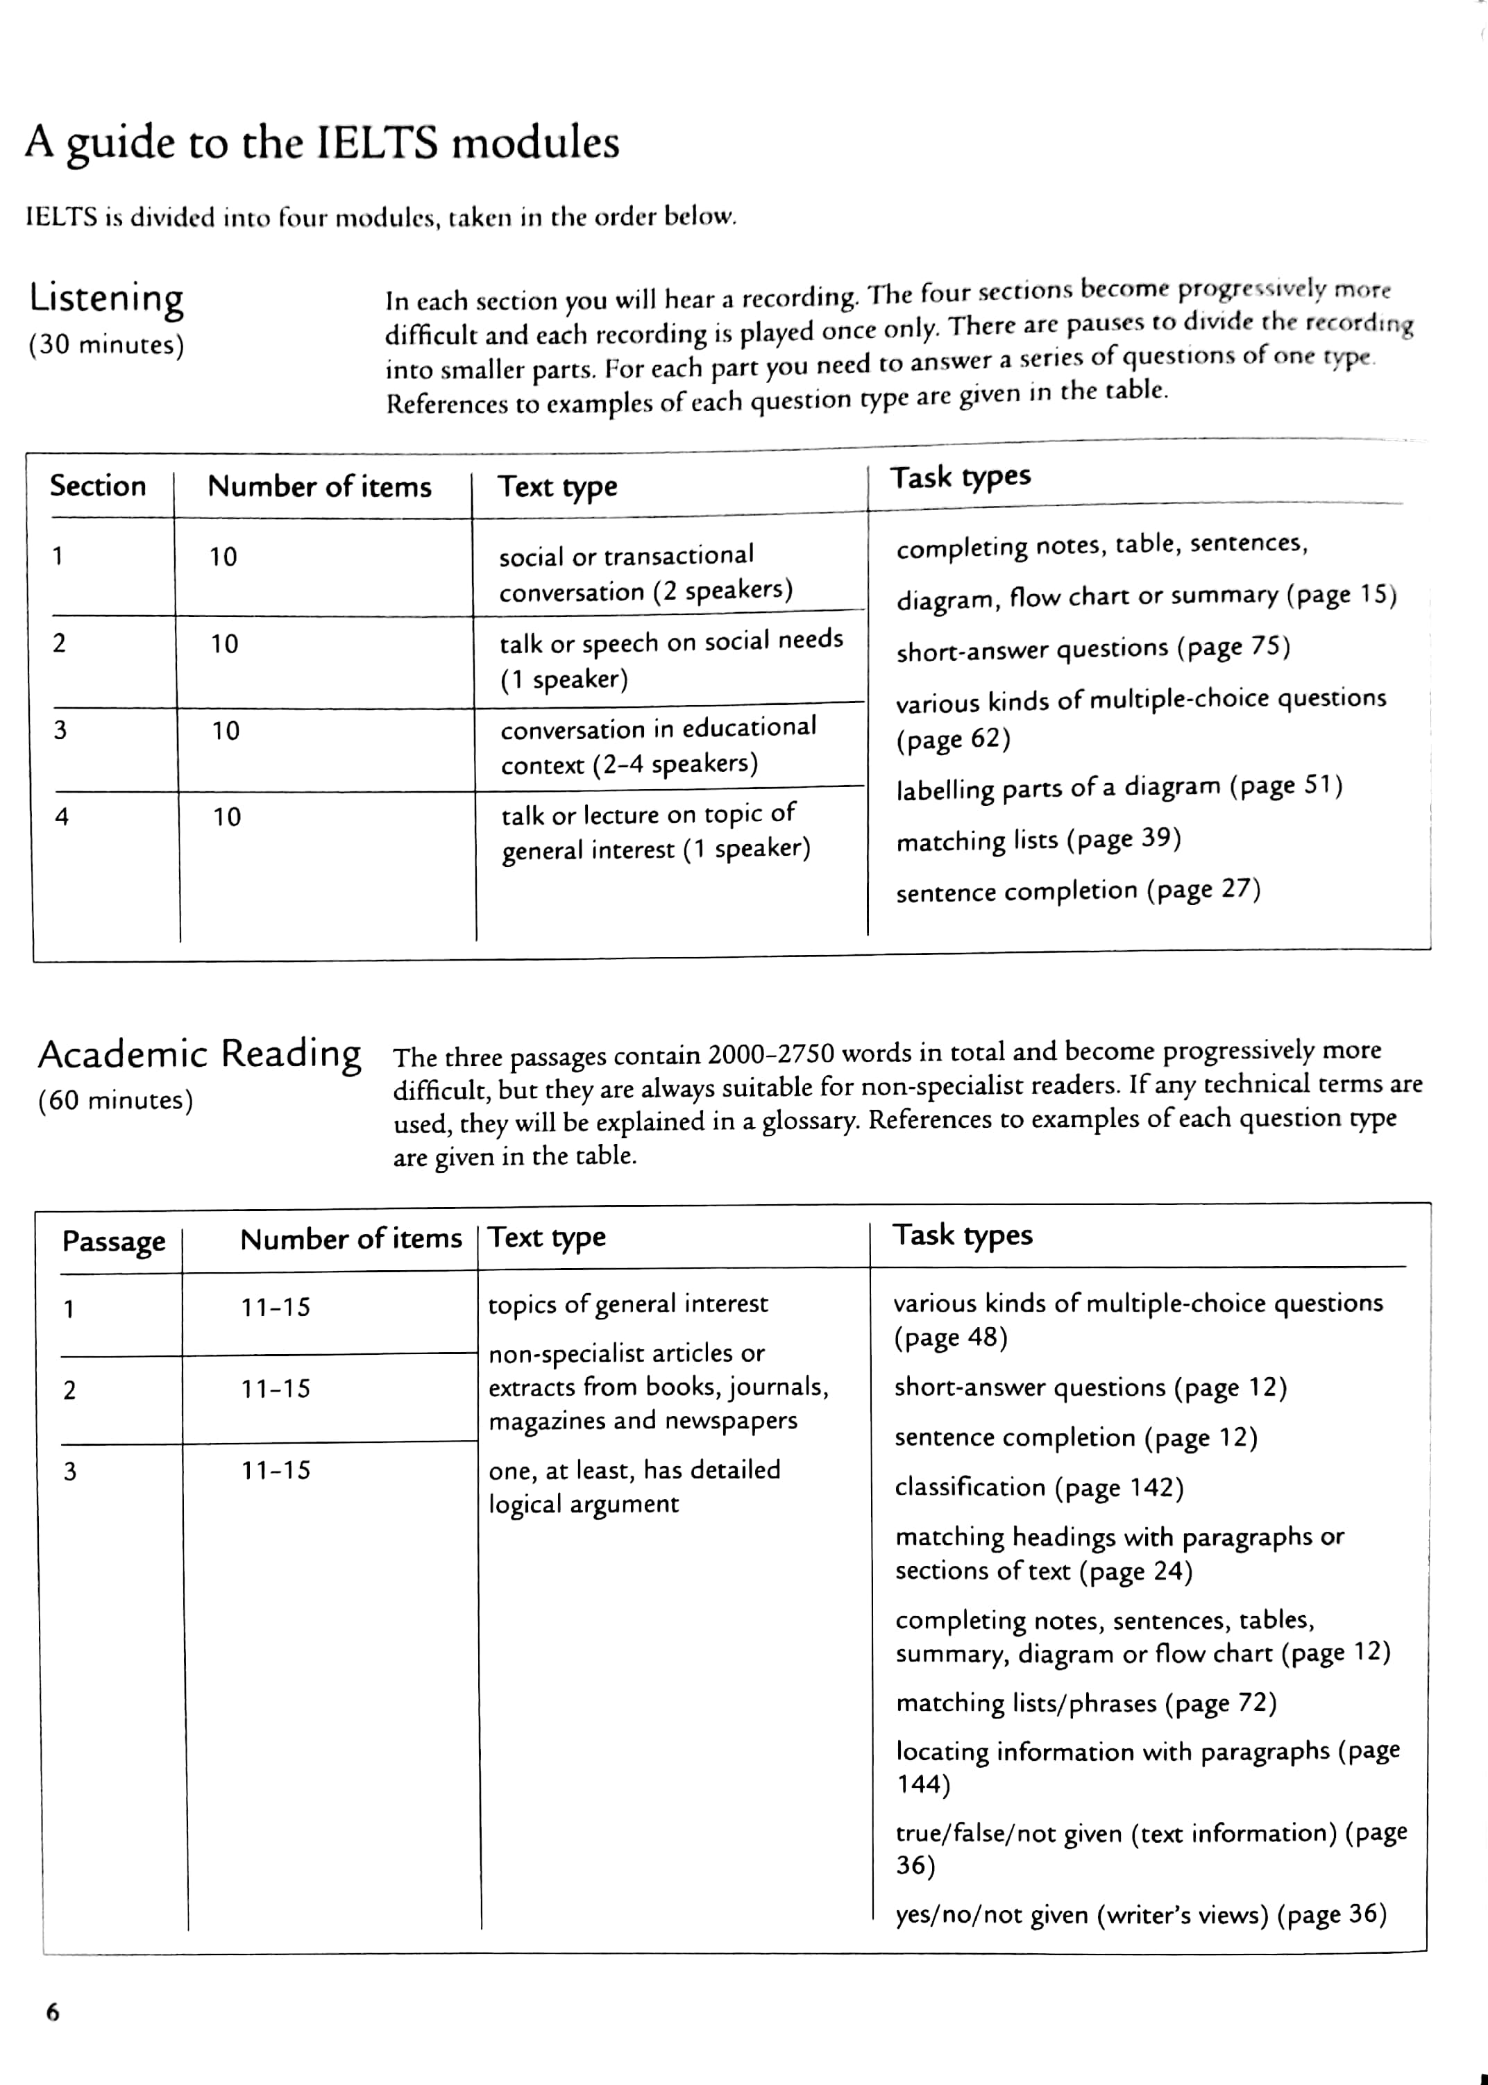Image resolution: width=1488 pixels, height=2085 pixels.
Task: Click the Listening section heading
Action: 106,298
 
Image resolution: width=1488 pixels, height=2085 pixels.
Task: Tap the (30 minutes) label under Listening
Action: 106,346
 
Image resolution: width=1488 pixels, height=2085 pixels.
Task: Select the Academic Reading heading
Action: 200,1054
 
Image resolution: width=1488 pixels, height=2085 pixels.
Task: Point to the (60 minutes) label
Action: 115,1100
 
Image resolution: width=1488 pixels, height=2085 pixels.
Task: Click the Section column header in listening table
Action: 98,486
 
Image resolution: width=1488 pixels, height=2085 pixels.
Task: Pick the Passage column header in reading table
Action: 114,1241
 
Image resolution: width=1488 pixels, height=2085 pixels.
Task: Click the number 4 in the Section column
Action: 61,816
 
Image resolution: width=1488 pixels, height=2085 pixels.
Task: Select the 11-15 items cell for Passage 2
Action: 276,1389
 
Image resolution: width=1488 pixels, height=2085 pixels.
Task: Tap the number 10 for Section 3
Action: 226,731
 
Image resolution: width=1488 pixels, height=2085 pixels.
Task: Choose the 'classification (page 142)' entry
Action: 1039,1487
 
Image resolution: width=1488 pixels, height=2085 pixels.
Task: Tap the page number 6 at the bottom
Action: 52,2013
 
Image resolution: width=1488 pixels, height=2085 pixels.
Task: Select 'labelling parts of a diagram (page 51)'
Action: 1119,788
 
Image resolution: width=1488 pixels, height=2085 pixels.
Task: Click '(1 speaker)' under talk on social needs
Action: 564,679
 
